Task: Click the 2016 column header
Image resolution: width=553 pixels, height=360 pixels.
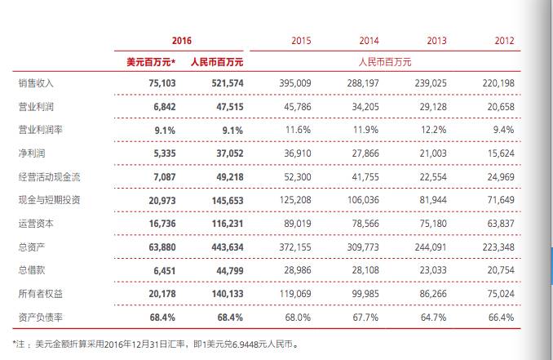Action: [x=182, y=41]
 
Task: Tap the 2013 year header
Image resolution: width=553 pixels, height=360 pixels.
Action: [x=437, y=41]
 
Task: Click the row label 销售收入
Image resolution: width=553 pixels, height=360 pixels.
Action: [x=36, y=83]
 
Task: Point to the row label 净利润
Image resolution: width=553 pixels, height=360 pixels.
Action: [x=31, y=153]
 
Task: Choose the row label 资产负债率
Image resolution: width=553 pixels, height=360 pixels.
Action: [x=41, y=318]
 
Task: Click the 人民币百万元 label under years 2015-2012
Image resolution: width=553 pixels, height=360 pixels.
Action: [x=385, y=61]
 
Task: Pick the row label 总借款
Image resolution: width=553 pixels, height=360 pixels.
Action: [x=31, y=270]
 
